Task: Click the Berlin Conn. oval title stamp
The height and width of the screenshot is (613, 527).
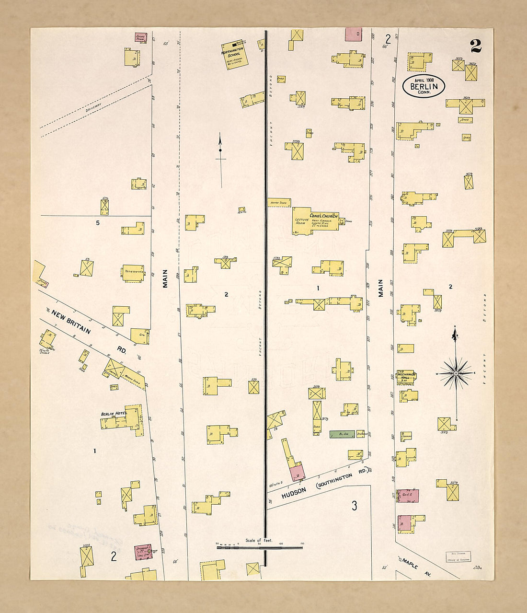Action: (x=424, y=86)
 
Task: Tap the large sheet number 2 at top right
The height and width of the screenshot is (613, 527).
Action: (x=475, y=46)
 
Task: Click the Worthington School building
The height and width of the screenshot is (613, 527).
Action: (x=234, y=55)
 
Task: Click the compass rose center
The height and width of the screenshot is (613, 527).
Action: (x=456, y=373)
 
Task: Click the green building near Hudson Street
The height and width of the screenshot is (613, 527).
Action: (x=342, y=434)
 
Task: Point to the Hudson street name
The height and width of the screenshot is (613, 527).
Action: (x=294, y=493)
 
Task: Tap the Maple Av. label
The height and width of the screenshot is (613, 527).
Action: (x=416, y=566)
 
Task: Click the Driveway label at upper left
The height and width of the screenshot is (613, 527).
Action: (x=94, y=107)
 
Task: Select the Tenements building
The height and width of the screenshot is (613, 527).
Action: (x=133, y=272)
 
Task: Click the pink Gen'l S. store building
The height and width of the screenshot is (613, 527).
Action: (x=408, y=496)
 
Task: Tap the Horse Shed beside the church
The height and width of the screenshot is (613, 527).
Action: (x=279, y=203)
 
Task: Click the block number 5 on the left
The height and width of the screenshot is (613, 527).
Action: (x=98, y=223)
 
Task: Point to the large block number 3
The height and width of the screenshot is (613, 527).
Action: (x=354, y=506)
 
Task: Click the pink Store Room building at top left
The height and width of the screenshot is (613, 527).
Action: (x=140, y=37)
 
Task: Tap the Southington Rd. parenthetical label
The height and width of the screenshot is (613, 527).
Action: (x=341, y=478)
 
